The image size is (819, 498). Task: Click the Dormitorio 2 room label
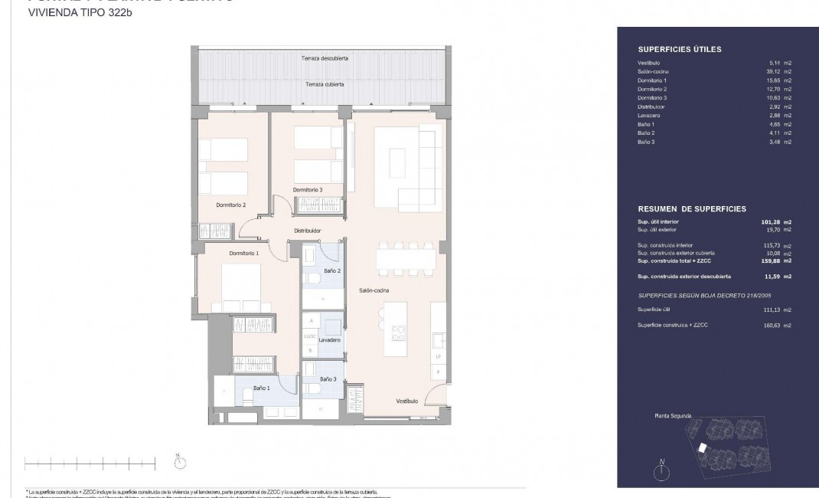230,205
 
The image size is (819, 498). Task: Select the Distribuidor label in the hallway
307,230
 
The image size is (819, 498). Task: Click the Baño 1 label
262,389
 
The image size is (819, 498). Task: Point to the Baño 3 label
328,379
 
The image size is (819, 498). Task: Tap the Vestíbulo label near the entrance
406,401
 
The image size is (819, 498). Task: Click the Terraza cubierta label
325,84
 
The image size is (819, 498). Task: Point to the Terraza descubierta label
325,58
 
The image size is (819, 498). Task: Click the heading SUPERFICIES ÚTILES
679,49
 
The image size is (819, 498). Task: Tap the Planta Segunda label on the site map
673,416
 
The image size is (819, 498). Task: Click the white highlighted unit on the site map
702,448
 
